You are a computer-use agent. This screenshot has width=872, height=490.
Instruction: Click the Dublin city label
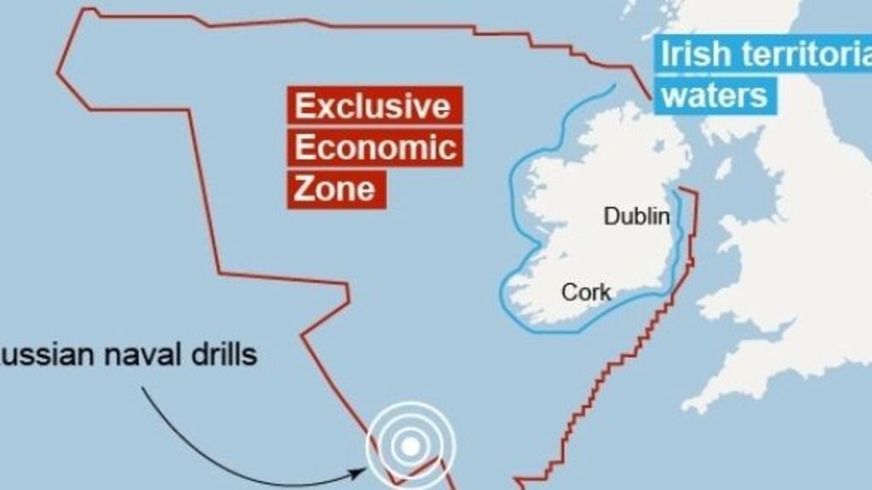coord(636,216)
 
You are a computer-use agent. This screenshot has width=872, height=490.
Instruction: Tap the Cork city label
coord(586,293)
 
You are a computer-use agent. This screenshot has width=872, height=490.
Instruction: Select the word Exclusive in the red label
coord(372,107)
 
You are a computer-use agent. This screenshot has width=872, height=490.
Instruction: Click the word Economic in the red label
coord(376,147)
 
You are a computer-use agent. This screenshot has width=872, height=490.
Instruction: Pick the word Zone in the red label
coord(334,188)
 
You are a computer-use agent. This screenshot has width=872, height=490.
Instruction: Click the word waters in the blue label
coord(714,94)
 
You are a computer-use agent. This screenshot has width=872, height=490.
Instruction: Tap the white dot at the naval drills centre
coord(410,445)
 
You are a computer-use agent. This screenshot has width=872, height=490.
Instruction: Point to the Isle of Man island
coord(723,168)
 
